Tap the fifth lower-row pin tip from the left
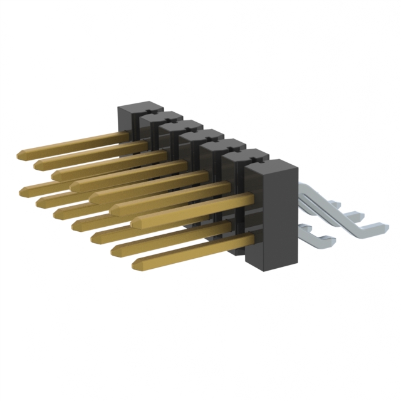[x=95, y=237]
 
